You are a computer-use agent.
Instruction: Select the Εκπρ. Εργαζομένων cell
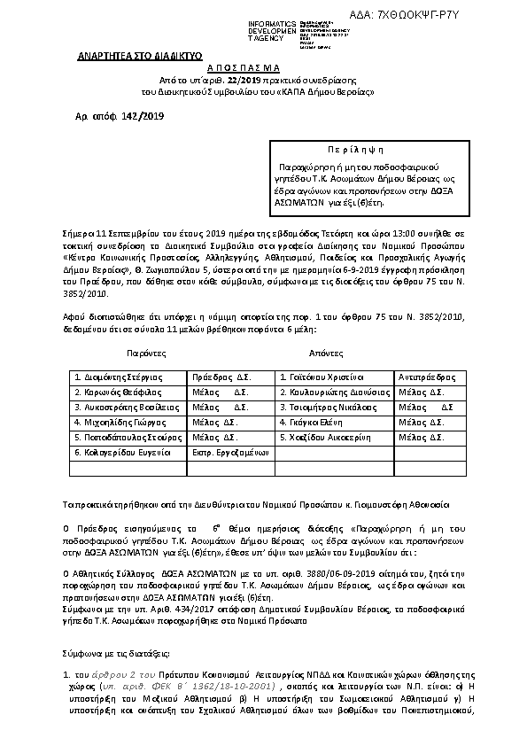(229, 452)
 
